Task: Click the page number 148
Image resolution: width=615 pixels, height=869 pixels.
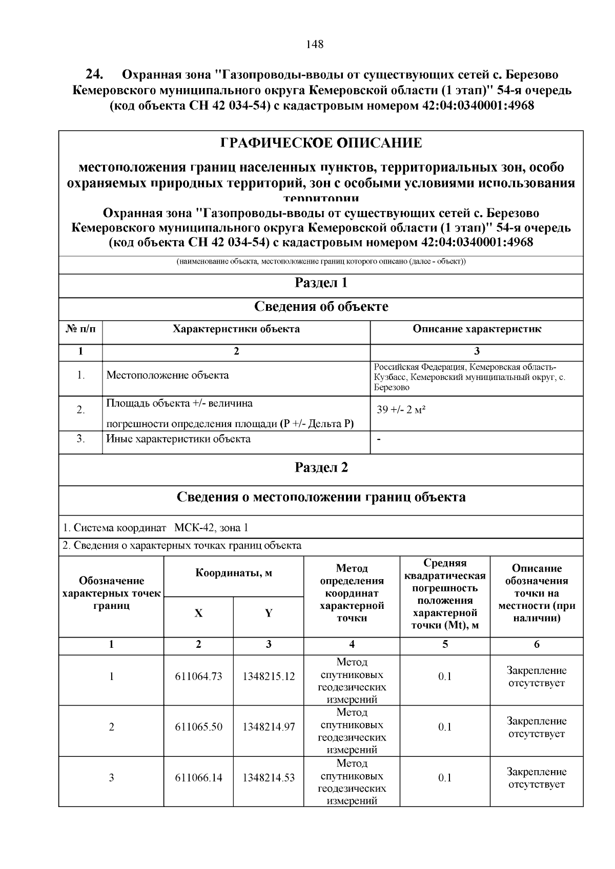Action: pos(314,45)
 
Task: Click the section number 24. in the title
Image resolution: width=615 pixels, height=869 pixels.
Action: pos(95,74)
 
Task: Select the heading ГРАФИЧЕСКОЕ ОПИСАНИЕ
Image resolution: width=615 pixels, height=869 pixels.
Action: pos(321,143)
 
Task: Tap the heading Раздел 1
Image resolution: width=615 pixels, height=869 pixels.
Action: pos(321,283)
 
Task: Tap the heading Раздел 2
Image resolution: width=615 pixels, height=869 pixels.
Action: pos(321,468)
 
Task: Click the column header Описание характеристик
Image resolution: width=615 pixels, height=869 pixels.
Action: pos(477,329)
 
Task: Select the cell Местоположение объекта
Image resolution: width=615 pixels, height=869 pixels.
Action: pos(168,375)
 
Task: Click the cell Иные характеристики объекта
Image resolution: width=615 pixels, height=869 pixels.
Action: pos(178,439)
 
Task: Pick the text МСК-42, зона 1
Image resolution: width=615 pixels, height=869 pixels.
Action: pos(211,528)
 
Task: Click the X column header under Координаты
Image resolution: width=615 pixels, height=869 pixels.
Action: pos(198,613)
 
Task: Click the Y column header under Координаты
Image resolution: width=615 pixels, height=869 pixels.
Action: pos(269,613)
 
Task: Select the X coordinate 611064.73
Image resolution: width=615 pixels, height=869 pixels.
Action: pos(198,676)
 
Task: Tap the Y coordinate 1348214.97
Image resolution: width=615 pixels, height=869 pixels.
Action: pos(269,727)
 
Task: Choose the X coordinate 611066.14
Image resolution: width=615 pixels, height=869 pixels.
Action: pos(198,778)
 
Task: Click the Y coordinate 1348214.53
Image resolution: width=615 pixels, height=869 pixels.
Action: pos(269,778)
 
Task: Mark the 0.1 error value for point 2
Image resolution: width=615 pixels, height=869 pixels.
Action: pos(445,727)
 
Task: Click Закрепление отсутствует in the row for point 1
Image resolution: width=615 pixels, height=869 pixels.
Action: pos(536,676)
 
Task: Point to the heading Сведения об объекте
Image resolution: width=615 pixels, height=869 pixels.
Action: pos(321,307)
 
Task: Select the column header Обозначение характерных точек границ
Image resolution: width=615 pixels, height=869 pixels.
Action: pos(111,594)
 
